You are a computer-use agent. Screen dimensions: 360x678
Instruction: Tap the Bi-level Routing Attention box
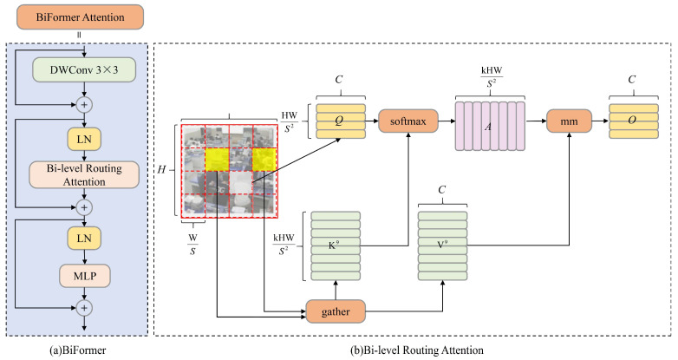[84, 173]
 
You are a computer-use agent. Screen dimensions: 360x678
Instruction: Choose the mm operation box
[568, 121]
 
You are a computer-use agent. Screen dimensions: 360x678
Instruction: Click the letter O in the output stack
[641, 121]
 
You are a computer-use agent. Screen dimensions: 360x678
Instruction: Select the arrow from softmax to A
[443, 121]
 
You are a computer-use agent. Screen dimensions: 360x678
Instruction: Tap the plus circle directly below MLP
[84, 306]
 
